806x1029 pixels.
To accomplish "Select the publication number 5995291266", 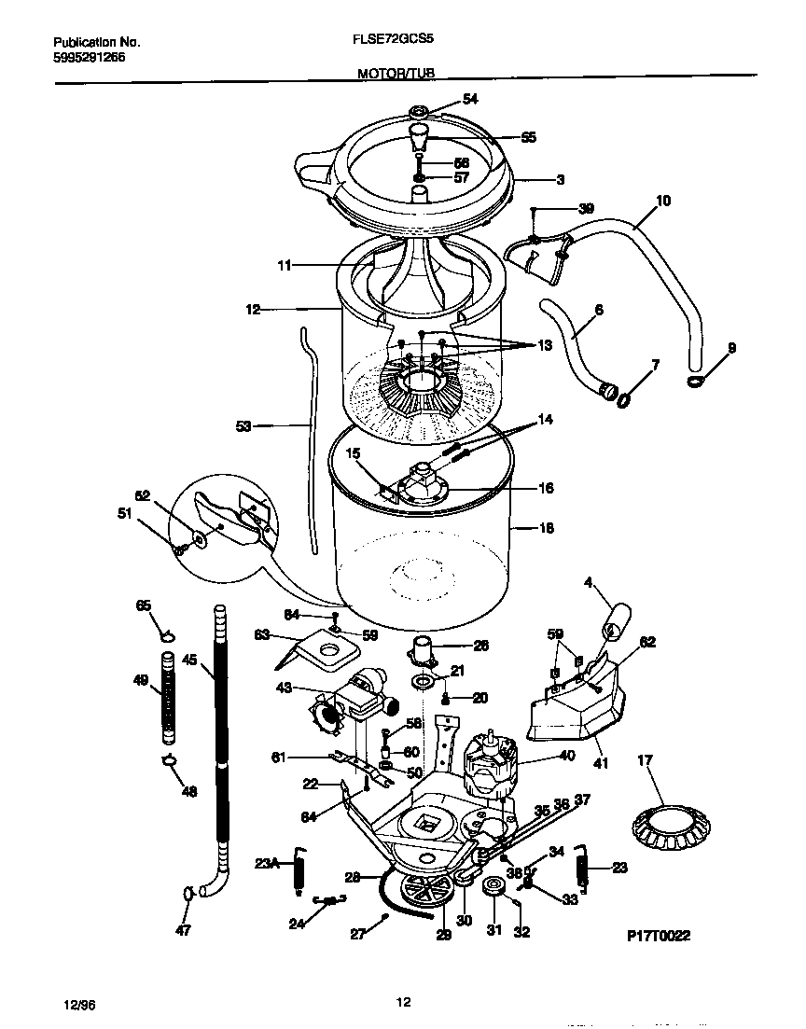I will pos(89,57).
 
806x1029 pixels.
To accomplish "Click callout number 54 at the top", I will pos(470,100).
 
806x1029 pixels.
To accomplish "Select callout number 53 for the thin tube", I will pos(243,426).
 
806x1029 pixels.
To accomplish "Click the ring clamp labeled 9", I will pos(696,381).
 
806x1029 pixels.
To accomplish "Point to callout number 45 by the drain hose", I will pos(189,661).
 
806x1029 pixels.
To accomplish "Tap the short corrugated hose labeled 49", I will pos(169,696).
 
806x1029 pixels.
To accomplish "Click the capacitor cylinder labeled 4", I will pos(618,618).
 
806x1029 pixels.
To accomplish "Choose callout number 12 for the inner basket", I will pos(253,309).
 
